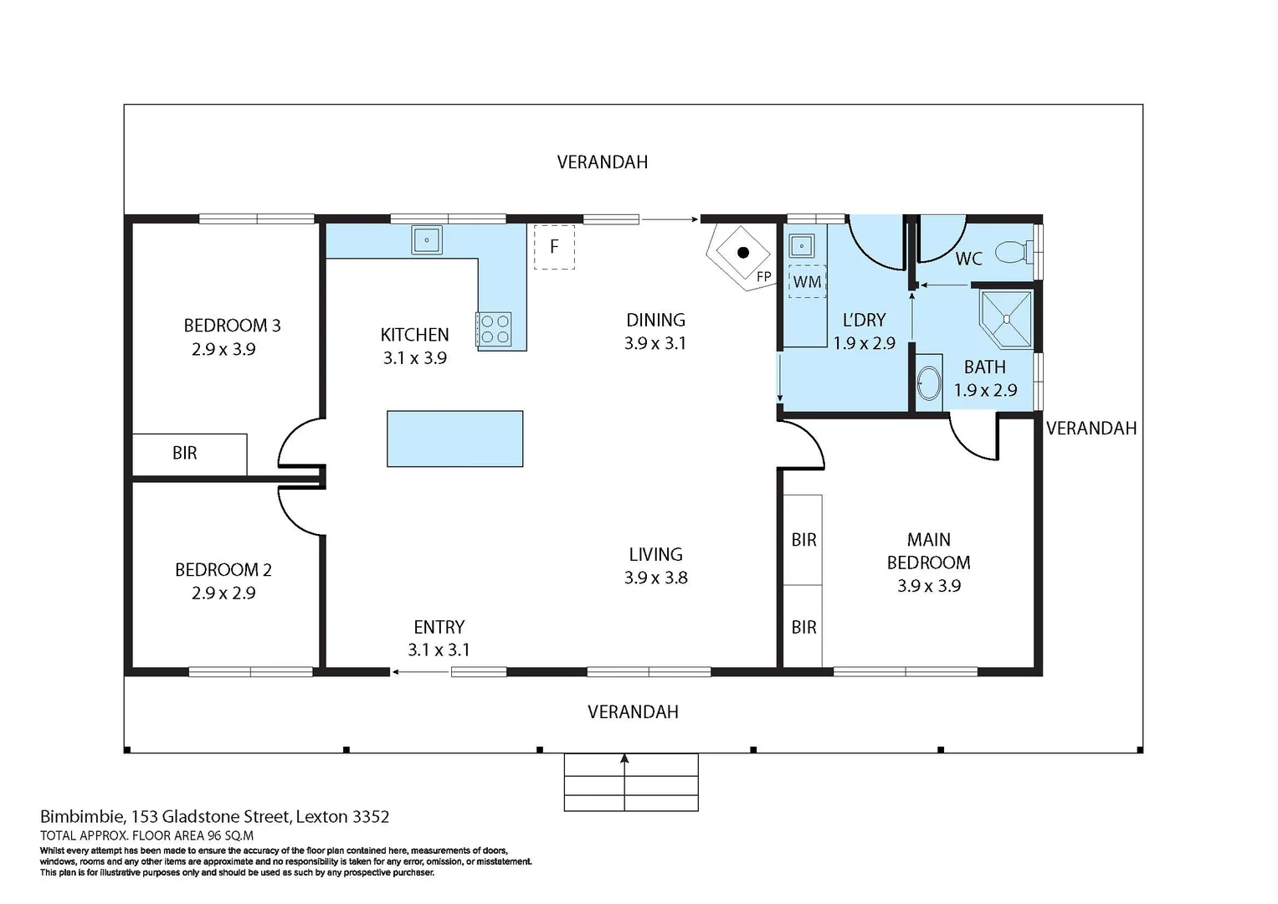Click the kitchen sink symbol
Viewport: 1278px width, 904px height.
click(427, 240)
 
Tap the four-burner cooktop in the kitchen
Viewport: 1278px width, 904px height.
click(494, 329)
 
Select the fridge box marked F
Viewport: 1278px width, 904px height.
click(554, 247)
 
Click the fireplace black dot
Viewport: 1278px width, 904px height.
click(742, 252)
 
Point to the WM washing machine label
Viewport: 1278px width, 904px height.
click(807, 282)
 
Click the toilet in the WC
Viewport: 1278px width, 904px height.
click(1014, 250)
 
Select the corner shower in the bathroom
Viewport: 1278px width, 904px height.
click(1008, 318)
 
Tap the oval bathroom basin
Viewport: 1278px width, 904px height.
click(928, 384)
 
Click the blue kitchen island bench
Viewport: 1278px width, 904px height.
click(455, 439)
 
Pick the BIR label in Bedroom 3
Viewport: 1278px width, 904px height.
click(185, 453)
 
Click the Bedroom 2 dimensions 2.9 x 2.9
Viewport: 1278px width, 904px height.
click(223, 593)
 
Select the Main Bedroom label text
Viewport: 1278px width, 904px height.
click(928, 551)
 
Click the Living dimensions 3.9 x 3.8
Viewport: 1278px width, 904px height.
click(655, 578)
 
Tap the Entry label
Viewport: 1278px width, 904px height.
click(439, 627)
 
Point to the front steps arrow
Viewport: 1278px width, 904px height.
click(624, 760)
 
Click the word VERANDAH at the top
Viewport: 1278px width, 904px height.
click(603, 162)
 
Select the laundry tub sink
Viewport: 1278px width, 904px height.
click(802, 245)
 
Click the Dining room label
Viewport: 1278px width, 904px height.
click(655, 320)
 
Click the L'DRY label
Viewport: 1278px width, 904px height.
click(864, 320)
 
